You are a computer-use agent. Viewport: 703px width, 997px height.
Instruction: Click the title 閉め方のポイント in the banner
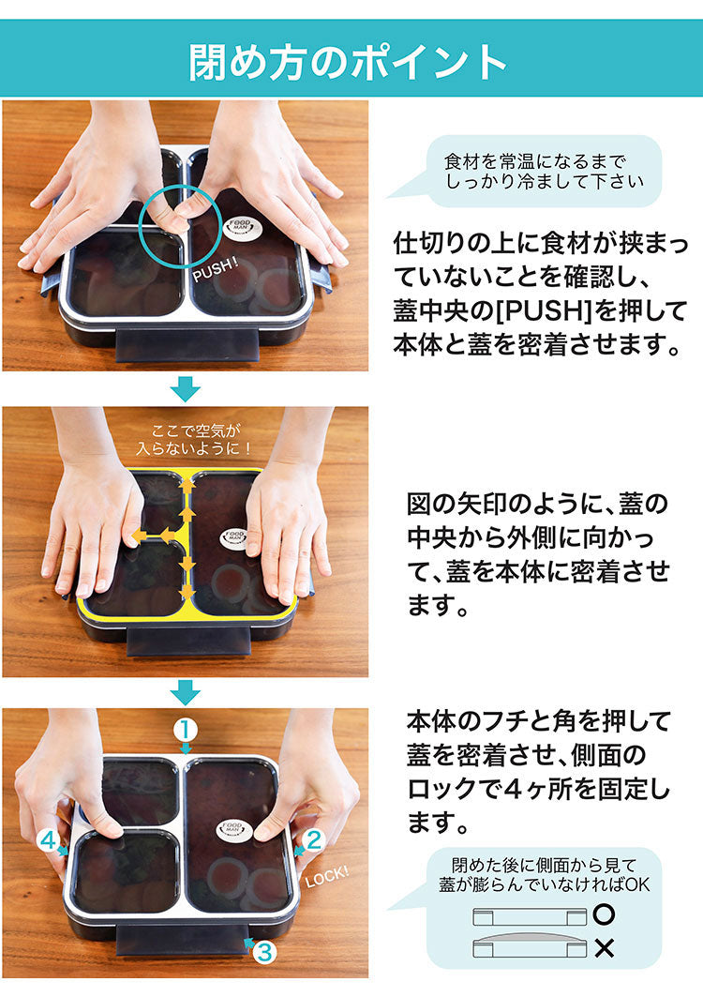click(x=349, y=61)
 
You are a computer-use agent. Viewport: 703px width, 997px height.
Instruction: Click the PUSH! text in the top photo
click(x=216, y=272)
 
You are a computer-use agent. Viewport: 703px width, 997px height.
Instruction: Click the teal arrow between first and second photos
click(x=187, y=387)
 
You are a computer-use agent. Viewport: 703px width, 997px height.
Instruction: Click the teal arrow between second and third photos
click(x=187, y=692)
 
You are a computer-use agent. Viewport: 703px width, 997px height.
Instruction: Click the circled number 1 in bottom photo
click(x=186, y=728)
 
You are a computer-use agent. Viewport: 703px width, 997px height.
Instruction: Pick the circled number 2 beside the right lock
click(x=314, y=838)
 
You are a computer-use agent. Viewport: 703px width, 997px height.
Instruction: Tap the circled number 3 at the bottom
click(x=263, y=952)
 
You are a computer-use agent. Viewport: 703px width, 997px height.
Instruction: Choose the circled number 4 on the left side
click(x=48, y=839)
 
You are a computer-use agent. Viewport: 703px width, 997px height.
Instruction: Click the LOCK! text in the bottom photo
click(x=326, y=876)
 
